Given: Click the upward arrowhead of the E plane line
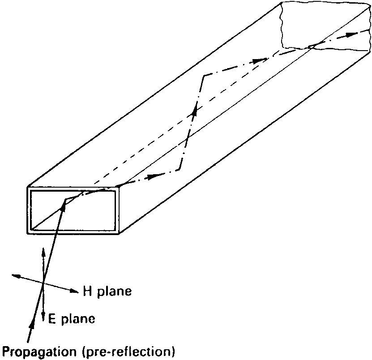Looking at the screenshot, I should (43, 251).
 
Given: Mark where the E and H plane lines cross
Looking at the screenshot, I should (43, 283).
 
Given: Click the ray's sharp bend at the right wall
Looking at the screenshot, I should (179, 170).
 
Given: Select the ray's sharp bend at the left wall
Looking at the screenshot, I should (204, 75).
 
